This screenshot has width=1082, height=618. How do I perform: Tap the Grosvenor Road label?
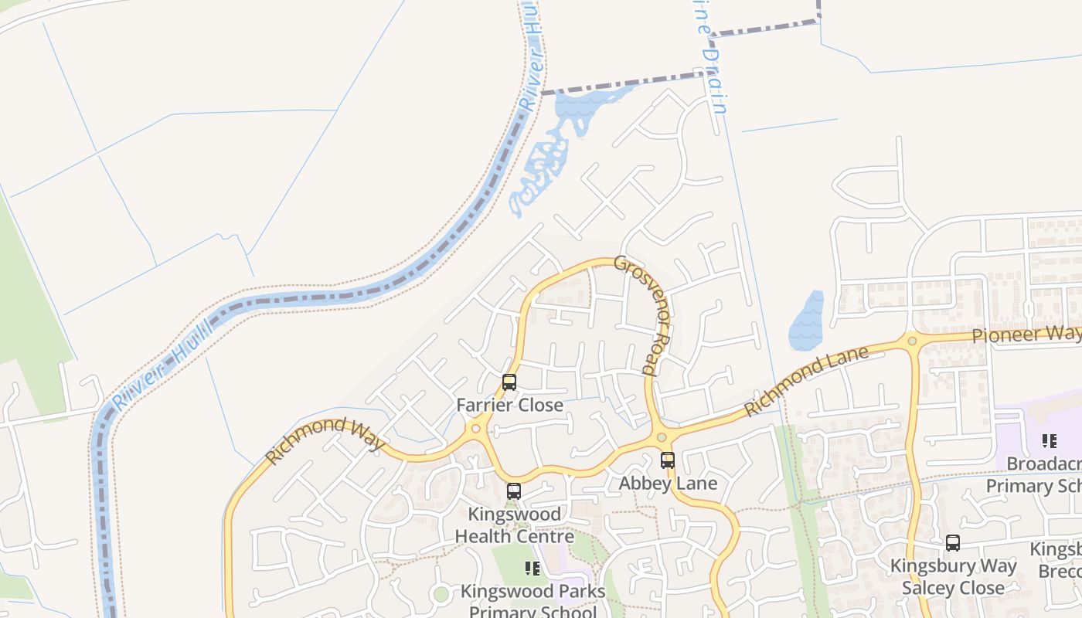(x=641, y=315)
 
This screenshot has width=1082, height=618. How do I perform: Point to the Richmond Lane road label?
(x=806, y=381)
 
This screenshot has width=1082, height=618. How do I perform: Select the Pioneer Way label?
(x=1026, y=334)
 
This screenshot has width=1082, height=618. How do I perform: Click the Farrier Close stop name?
(x=509, y=405)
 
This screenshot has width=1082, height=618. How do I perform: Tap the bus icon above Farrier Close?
(x=509, y=382)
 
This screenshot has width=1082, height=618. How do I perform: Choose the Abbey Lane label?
(x=668, y=484)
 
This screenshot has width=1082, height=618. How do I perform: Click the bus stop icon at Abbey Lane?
(x=668, y=460)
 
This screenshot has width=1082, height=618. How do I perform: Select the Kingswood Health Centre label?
(x=514, y=525)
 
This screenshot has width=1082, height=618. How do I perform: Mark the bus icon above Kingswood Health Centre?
(x=514, y=491)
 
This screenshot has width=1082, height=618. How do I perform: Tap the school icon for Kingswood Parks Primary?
(x=532, y=569)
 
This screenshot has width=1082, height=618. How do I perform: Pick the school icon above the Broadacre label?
(x=1050, y=441)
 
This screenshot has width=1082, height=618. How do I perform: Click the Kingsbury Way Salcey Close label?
(x=954, y=576)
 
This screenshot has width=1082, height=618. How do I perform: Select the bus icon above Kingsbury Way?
(x=953, y=543)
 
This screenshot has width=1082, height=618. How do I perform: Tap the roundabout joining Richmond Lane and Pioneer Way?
(x=913, y=340)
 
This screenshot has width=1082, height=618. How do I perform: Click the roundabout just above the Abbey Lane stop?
(x=662, y=438)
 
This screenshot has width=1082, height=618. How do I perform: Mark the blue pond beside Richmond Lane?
(x=805, y=321)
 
